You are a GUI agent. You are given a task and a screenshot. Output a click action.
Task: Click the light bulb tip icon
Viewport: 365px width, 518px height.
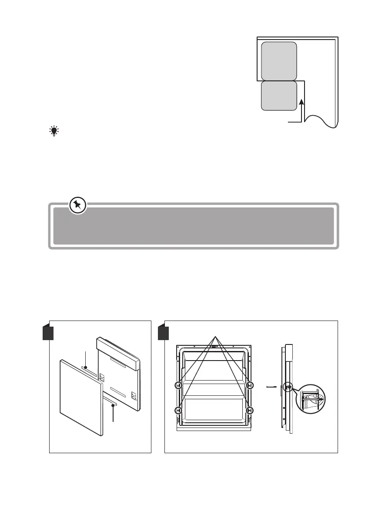[54, 132]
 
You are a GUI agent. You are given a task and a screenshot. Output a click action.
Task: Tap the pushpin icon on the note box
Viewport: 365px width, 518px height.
[78, 205]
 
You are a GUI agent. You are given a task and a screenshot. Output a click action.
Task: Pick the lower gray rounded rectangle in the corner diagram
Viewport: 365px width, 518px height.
[279, 95]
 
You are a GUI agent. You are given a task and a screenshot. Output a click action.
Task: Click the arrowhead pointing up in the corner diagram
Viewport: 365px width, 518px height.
[301, 102]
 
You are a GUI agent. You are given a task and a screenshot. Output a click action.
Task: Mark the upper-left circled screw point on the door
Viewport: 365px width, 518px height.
[178, 385]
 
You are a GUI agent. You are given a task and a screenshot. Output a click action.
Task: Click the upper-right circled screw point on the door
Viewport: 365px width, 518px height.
[250, 385]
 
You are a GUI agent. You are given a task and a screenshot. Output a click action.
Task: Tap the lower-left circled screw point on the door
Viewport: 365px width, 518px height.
[178, 410]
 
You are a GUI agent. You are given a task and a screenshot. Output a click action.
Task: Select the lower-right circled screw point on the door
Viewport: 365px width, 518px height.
[250, 410]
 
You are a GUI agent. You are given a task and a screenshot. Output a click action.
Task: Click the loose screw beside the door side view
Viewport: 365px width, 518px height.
[272, 386]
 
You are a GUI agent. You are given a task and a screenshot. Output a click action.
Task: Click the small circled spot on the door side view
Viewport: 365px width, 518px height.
[288, 386]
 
